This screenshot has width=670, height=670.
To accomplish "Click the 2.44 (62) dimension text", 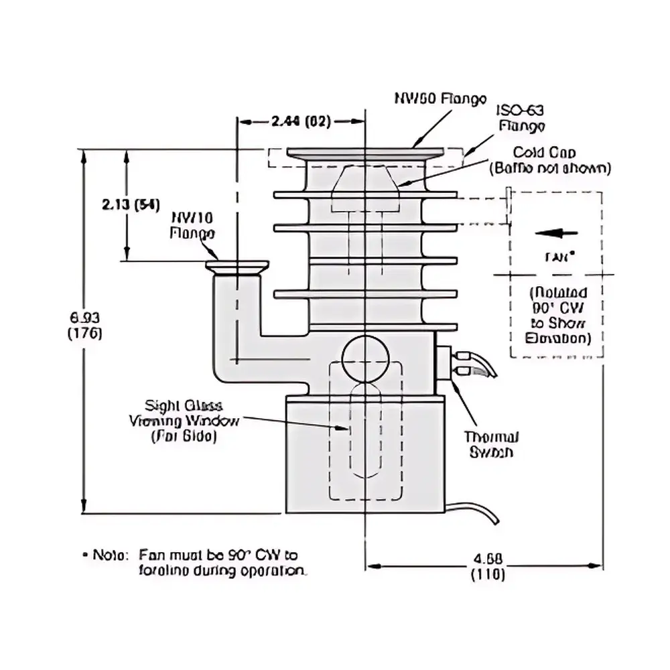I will point(301,121).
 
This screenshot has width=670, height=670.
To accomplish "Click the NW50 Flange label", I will point(440,99).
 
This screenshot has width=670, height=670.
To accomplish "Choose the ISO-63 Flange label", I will point(520,118).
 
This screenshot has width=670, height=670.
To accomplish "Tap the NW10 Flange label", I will point(192,226).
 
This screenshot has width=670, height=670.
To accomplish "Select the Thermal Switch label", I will point(492,444).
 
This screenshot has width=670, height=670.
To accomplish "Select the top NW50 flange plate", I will point(364,153).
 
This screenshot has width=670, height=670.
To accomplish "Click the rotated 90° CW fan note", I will point(557,316).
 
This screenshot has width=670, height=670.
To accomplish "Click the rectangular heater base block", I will point(364,456).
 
